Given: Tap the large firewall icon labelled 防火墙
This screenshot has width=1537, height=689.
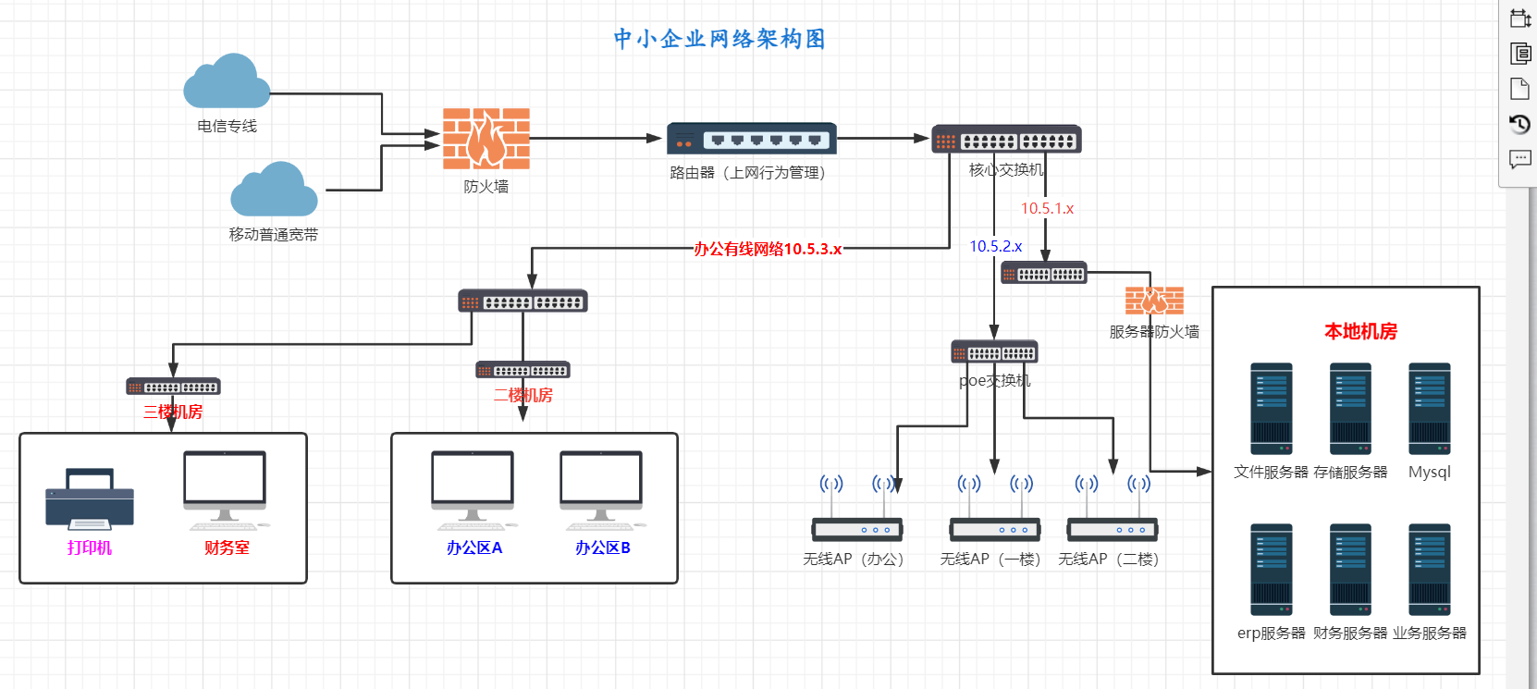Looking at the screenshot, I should coord(486,139).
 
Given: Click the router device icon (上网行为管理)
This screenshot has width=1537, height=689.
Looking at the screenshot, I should coord(752,139).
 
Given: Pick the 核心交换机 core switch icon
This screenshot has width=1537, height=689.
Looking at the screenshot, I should coord(1006,140).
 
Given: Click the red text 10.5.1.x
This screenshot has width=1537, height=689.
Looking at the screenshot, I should coord(1047,209).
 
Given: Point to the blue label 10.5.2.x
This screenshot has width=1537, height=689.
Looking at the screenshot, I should coord(995,247).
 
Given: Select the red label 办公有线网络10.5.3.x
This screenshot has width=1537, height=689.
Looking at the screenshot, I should coord(768,249).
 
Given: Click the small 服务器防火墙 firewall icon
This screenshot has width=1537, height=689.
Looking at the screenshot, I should coord(1154,301).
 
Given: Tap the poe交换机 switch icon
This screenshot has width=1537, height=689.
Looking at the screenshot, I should coord(994,352).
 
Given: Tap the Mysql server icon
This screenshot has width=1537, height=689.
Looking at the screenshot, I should coord(1430,409).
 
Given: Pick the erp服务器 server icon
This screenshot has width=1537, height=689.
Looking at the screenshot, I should coord(1272,570).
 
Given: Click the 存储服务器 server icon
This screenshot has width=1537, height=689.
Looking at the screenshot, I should coord(1350,409).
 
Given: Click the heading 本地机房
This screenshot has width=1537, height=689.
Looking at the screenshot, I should coord(1360,331).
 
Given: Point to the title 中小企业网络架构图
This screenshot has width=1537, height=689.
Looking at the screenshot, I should coord(719,39).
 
